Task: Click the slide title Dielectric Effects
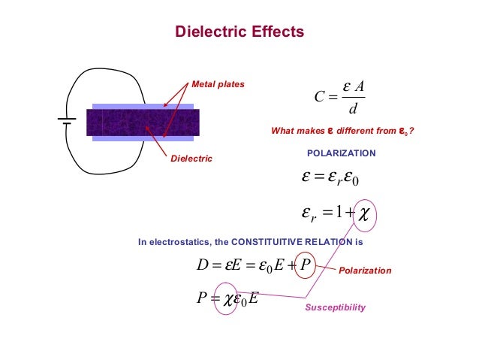239,32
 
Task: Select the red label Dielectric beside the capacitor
191,159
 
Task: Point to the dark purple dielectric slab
143,123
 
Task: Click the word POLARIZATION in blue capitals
342,153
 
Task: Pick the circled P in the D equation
304,264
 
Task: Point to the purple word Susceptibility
335,308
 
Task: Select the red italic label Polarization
366,270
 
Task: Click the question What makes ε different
342,132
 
